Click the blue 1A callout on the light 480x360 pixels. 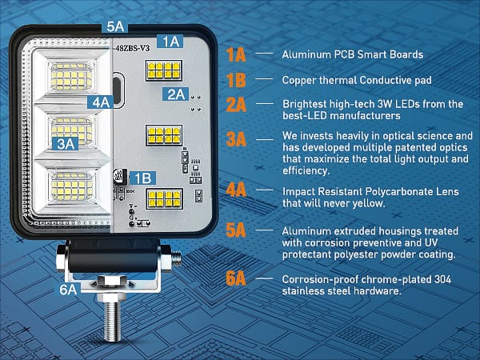point(170,40)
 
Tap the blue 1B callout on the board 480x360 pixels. point(141,178)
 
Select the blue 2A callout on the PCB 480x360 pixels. point(175,94)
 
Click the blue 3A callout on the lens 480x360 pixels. point(66,143)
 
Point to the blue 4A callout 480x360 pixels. point(101,102)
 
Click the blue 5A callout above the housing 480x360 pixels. point(115,26)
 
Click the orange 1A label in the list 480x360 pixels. point(236,55)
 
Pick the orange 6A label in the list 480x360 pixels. point(236,279)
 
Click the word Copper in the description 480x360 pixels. point(301,80)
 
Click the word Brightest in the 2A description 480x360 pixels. point(309,104)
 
